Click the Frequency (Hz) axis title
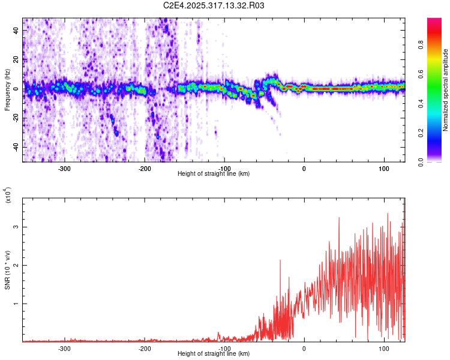pyautogui.click(x=7, y=90)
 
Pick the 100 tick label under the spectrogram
pyautogui.click(x=383, y=169)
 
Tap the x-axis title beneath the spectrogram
pyautogui.click(x=214, y=174)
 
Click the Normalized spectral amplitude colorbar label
pyautogui.click(x=446, y=90)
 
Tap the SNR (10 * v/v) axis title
pyautogui.click(x=7, y=269)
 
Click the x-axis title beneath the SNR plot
pyautogui.click(x=214, y=354)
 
